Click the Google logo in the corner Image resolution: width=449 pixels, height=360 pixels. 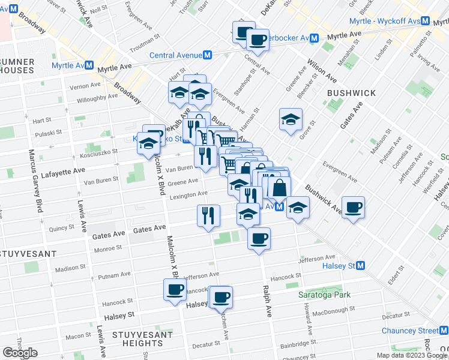click(x=20, y=352)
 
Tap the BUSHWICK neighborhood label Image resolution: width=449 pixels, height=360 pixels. click(x=351, y=94)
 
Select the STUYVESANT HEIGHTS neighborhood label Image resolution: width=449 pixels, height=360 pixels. click(x=133, y=338)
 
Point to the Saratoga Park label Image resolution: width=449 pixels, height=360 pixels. click(x=325, y=295)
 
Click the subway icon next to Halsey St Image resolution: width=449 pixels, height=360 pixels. click(x=361, y=265)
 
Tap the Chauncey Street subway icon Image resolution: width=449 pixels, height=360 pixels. click(x=444, y=331)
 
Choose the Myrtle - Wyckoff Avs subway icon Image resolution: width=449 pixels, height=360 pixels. click(x=426, y=21)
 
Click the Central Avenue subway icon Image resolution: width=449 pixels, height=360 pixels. click(x=208, y=55)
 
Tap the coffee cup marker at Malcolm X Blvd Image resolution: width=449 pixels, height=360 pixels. click(x=175, y=290)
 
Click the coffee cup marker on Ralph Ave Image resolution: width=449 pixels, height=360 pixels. click(x=259, y=238)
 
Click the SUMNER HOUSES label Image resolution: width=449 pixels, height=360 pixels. click(x=17, y=66)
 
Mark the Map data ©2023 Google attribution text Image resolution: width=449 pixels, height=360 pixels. click(x=412, y=355)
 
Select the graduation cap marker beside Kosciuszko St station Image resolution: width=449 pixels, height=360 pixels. click(x=149, y=144)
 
